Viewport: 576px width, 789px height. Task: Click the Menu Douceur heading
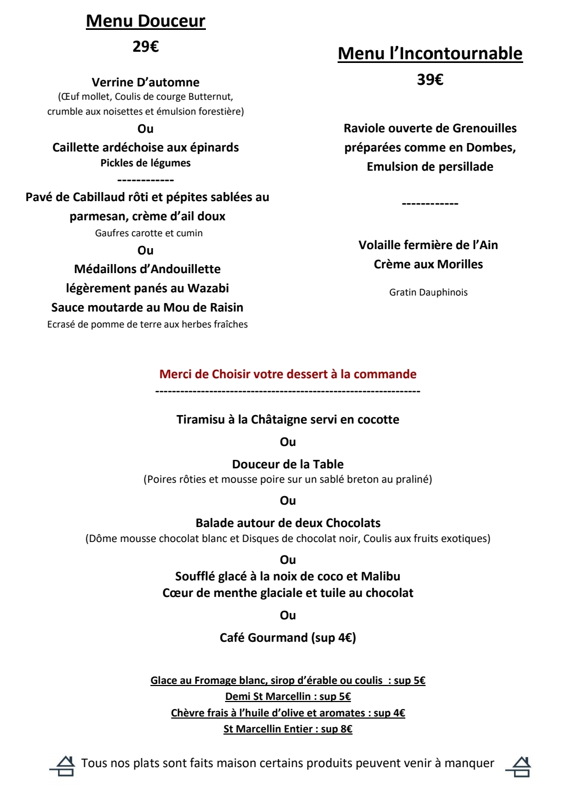click(146, 21)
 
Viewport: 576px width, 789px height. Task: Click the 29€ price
click(146, 47)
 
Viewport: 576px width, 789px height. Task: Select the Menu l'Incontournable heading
click(430, 53)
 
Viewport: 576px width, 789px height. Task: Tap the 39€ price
click(430, 79)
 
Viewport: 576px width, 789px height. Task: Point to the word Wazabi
click(208, 288)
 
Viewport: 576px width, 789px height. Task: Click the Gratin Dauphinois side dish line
click(428, 292)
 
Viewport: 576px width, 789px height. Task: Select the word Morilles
click(460, 264)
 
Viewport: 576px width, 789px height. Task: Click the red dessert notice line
click(287, 374)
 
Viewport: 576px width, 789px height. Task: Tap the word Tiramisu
click(201, 419)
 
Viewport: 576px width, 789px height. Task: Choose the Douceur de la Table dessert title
click(287, 464)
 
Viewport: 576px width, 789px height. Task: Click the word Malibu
click(380, 576)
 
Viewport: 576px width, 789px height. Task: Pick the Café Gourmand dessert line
click(287, 637)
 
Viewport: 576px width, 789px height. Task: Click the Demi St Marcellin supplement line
click(287, 696)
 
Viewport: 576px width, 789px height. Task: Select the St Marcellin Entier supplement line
click(287, 729)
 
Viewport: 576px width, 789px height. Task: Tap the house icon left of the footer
click(64, 766)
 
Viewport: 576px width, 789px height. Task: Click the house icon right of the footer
click(521, 767)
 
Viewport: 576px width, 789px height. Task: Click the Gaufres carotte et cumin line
click(149, 233)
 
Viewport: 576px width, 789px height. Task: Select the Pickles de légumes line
click(146, 163)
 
